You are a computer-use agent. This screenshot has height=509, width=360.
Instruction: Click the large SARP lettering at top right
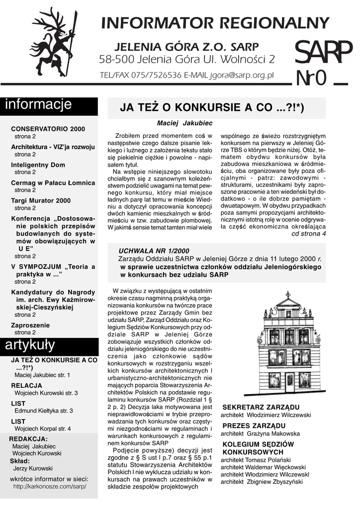click(x=323, y=52)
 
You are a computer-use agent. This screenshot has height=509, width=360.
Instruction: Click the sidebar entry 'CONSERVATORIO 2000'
click(x=48, y=129)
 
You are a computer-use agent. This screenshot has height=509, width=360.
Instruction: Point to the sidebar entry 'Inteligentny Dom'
click(x=38, y=165)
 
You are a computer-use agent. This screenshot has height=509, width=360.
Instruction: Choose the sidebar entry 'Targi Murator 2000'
click(x=41, y=200)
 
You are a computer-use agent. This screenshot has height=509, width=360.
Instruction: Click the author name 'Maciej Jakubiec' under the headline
click(x=178, y=122)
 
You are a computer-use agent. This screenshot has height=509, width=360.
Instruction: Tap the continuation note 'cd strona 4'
click(x=308, y=234)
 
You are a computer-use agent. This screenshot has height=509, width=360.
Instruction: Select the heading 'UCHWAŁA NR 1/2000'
click(x=154, y=250)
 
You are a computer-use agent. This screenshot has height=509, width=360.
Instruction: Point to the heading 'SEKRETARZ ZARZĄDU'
click(x=261, y=407)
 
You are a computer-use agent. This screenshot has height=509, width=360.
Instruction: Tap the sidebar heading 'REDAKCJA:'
click(x=29, y=438)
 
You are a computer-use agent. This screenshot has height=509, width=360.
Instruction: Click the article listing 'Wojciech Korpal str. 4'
click(x=43, y=428)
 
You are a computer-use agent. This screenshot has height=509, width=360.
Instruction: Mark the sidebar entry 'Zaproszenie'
click(x=30, y=325)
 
